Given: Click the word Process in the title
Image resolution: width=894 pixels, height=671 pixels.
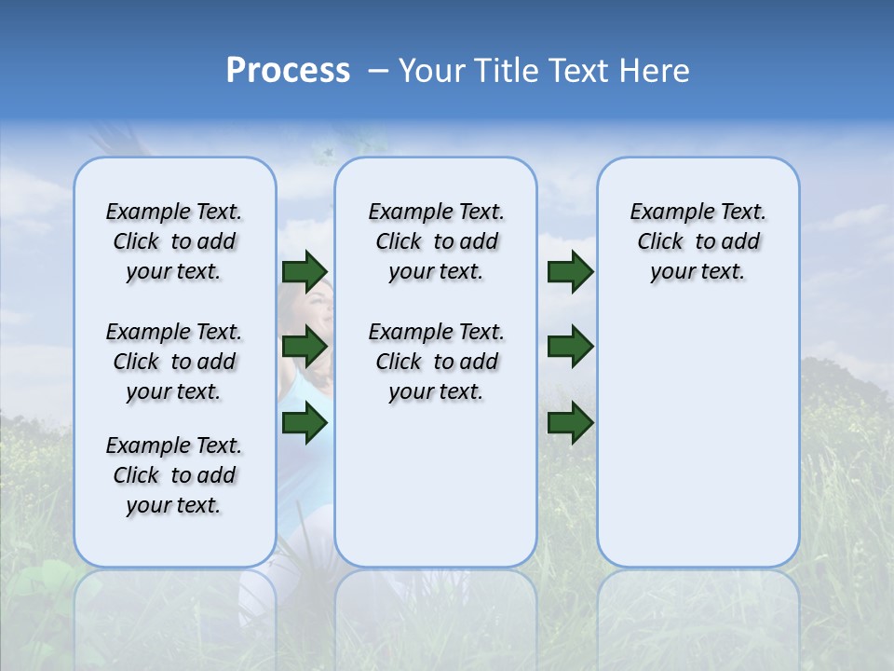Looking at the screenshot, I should [288, 71].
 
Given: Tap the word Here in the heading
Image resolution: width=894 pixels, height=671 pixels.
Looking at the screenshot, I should [656, 71].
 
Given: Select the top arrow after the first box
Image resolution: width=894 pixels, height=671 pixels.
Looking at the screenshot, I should [305, 271].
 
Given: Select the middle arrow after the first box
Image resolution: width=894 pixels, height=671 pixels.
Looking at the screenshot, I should [305, 347].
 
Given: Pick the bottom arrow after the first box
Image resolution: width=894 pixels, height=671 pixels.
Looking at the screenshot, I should [305, 423].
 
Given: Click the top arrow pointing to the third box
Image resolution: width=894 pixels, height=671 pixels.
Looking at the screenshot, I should [570, 271].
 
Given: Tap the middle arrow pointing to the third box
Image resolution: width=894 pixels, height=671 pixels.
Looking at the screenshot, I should [570, 347].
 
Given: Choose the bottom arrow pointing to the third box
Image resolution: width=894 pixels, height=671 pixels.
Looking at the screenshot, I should [570, 423].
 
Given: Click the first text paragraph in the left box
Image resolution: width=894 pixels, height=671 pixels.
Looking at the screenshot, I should [174, 241].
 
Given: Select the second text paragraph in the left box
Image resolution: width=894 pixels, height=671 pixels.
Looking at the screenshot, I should [174, 362].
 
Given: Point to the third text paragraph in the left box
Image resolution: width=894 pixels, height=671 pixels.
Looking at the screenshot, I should [174, 475].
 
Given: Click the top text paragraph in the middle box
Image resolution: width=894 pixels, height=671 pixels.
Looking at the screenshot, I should [436, 241].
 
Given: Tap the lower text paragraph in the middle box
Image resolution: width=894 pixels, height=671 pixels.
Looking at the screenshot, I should [436, 362].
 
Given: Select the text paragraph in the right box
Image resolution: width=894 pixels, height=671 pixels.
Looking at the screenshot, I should [698, 241].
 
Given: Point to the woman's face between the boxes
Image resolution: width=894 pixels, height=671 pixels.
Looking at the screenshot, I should [314, 312].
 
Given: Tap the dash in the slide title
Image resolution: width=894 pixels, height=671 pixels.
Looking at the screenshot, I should [378, 71].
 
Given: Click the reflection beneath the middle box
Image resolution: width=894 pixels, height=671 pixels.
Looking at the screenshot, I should [436, 606].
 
